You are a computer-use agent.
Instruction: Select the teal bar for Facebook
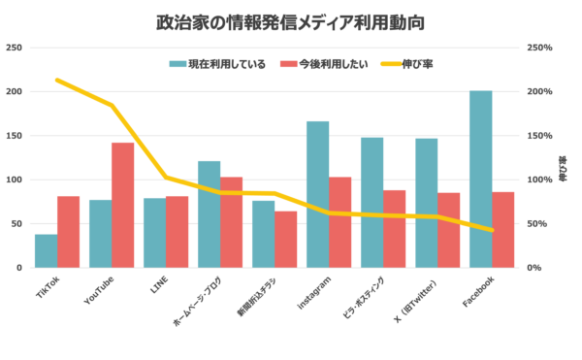click(x=480, y=179)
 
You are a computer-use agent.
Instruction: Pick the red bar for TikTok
click(x=68, y=231)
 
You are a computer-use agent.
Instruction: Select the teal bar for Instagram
click(x=317, y=194)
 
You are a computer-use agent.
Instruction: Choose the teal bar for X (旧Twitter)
click(x=426, y=203)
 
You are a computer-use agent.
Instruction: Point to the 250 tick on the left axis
click(x=15, y=48)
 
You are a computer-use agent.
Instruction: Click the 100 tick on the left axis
click(x=15, y=180)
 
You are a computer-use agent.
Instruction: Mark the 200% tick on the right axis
click(x=539, y=91)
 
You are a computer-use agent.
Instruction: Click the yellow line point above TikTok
click(x=57, y=81)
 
